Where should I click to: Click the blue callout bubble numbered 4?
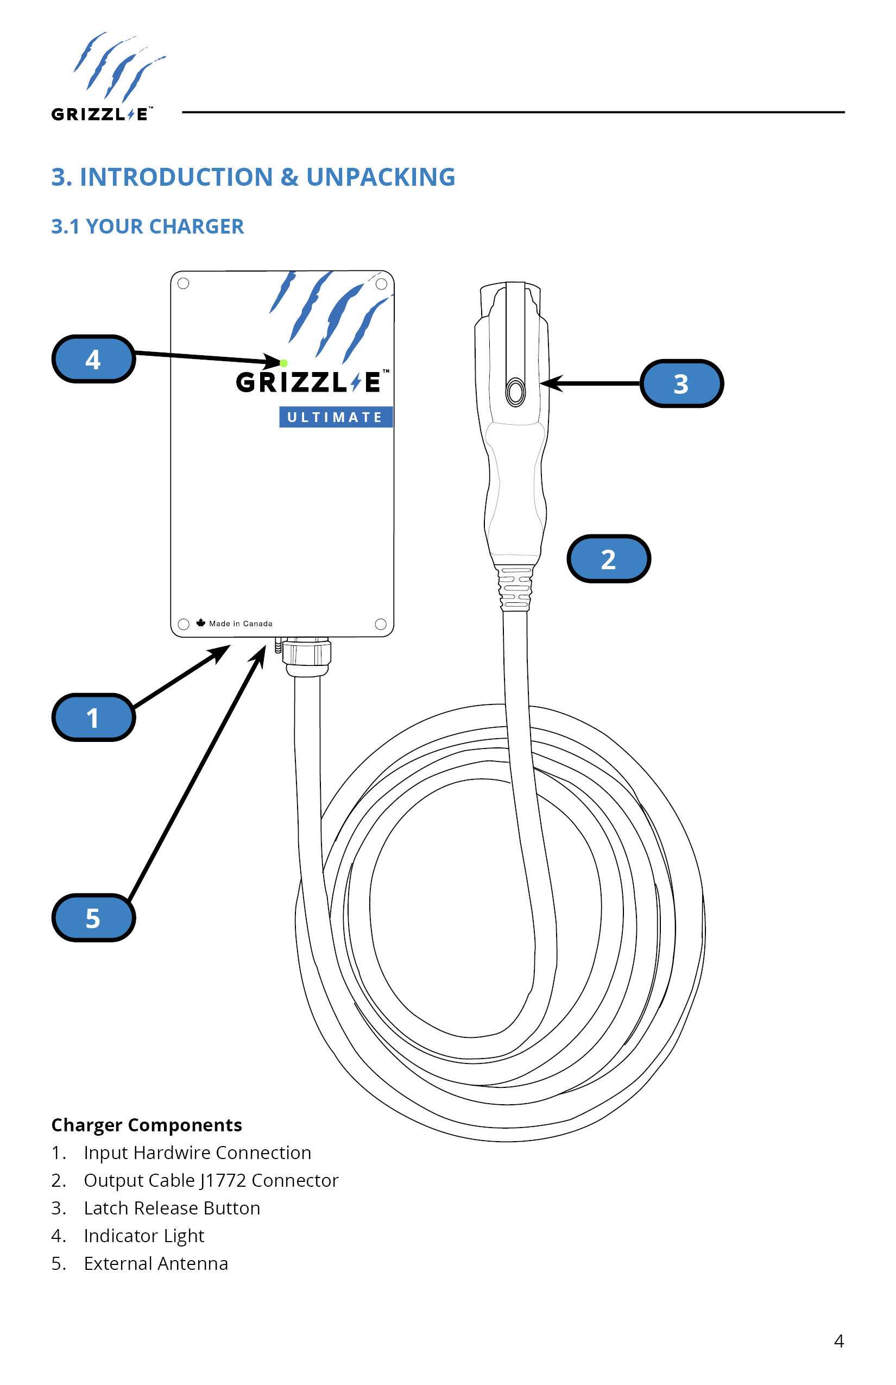93,359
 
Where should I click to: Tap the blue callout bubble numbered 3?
682,383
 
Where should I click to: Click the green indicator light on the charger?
284,363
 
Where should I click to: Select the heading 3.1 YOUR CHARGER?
147,226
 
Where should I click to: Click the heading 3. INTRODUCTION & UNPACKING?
253,177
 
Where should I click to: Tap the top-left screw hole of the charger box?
184,284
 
